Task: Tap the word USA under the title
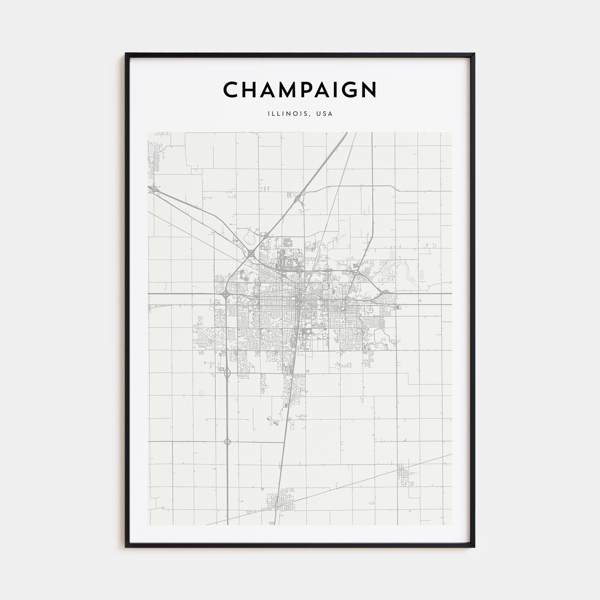pyautogui.click(x=325, y=114)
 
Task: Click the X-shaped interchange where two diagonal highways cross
pyautogui.click(x=250, y=253)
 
